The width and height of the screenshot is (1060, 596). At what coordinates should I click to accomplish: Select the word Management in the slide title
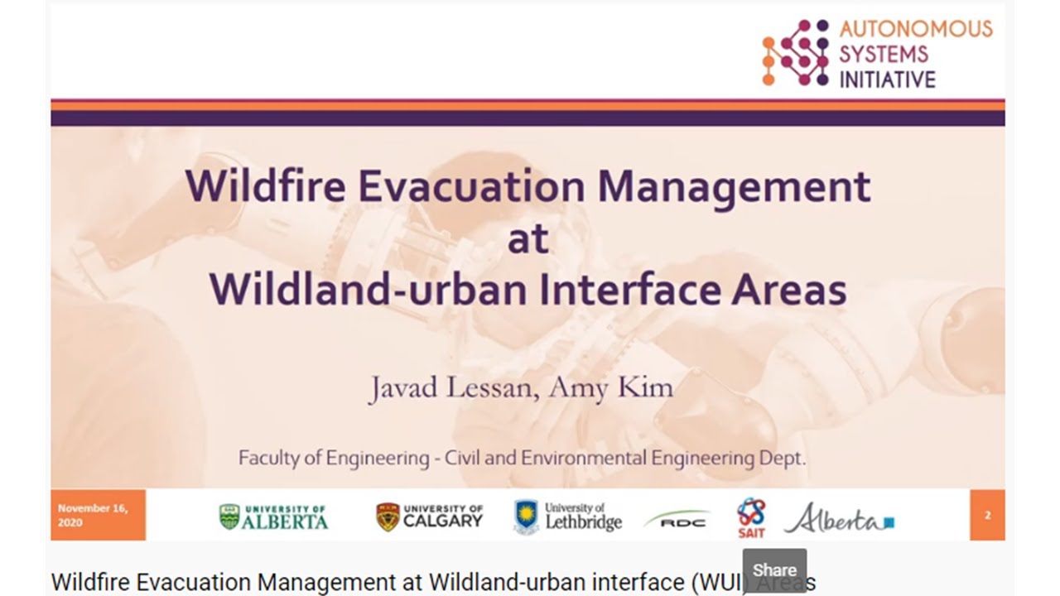tap(734, 186)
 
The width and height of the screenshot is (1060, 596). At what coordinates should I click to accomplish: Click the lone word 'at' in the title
tap(528, 239)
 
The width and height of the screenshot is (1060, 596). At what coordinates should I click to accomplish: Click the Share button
tap(774, 570)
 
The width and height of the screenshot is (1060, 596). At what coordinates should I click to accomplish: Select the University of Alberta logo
tap(273, 517)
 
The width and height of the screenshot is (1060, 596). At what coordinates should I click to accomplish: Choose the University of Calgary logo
tap(429, 517)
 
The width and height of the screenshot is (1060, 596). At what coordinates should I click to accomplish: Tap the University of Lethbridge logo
tap(567, 516)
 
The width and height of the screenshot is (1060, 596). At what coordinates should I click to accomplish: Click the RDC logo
tap(677, 521)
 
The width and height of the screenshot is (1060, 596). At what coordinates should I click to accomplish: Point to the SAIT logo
tap(751, 517)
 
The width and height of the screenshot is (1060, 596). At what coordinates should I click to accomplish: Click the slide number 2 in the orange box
tap(987, 515)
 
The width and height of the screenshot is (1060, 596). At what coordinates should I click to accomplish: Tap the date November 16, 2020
tap(93, 515)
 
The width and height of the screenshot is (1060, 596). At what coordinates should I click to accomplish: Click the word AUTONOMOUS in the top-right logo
tap(915, 29)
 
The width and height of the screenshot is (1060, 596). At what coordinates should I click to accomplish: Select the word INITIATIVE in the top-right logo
tap(887, 79)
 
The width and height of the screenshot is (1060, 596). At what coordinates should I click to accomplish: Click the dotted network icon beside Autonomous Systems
tap(795, 53)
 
